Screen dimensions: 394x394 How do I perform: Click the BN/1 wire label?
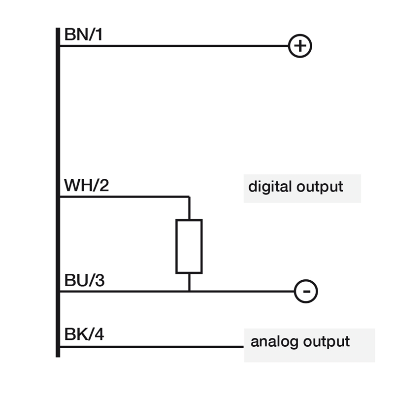tap(83, 34)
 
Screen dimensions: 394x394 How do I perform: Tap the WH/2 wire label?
tap(87, 186)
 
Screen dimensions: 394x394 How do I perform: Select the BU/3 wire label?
tap(84, 280)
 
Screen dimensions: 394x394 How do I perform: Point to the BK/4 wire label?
tap(84, 334)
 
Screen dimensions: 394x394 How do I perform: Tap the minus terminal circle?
tap(306, 280)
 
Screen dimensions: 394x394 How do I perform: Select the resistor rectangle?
tap(176, 246)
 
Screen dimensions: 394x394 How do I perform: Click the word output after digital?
tap(320, 187)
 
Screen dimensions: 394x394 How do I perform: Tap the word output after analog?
tap(327, 342)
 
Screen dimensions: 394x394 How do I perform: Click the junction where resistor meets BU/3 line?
tap(189, 292)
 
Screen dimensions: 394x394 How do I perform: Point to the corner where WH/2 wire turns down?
tap(189, 197)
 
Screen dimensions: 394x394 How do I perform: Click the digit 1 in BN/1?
tap(99, 34)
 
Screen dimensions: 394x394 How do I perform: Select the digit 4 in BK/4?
tap(99, 334)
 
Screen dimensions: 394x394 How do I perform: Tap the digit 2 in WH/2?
tap(104, 185)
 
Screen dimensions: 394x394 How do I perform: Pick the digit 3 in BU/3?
tap(100, 280)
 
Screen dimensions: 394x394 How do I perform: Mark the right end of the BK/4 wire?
tap(243, 347)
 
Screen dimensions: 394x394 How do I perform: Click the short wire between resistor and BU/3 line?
tap(189, 282)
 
